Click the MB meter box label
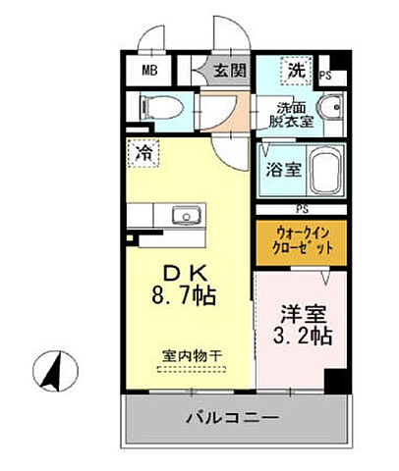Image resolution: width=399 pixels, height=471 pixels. pos(148,70)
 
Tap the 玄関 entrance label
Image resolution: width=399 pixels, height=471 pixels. pos(232,70)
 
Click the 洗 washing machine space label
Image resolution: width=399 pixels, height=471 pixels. pos(295,70)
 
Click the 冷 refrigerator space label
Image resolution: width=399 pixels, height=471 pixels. pos(143,153)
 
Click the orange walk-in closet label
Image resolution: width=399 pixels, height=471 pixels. pos(300,240)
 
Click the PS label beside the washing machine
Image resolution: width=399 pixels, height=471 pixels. pos(325,75)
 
